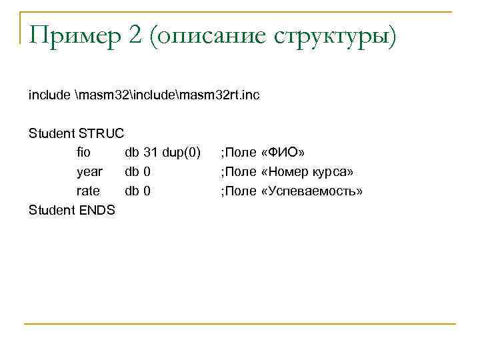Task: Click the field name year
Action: pos(89,172)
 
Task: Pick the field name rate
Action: pos(88,191)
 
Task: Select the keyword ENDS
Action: pos(98,211)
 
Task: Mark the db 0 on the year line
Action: pos(137,172)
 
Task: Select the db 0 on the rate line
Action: pos(137,191)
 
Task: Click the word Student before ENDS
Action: pos(52,211)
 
